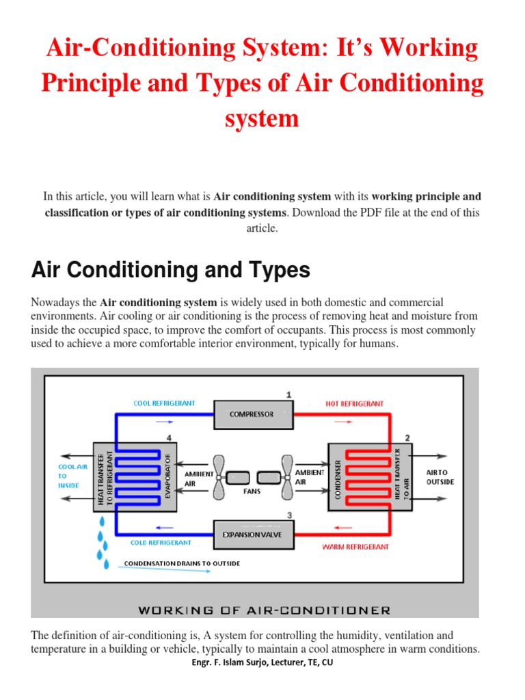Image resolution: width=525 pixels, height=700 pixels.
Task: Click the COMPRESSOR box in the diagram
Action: tap(252, 414)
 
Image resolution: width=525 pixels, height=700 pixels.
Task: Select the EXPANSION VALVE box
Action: tap(252, 534)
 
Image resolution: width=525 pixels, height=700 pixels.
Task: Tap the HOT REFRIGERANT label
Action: tap(354, 404)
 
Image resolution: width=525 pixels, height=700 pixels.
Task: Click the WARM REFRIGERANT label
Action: tap(355, 547)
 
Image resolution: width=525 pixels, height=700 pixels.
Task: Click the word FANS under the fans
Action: tap(253, 492)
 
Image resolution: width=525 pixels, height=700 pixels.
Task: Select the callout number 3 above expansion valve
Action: tap(290, 515)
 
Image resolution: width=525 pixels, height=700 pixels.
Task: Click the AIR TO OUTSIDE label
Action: tap(440, 477)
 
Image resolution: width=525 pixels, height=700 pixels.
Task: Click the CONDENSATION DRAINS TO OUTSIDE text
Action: tap(182, 564)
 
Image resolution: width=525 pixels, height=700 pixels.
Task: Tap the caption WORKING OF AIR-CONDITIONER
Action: tap(264, 610)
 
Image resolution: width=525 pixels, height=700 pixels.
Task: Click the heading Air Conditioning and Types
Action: tap(171, 271)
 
